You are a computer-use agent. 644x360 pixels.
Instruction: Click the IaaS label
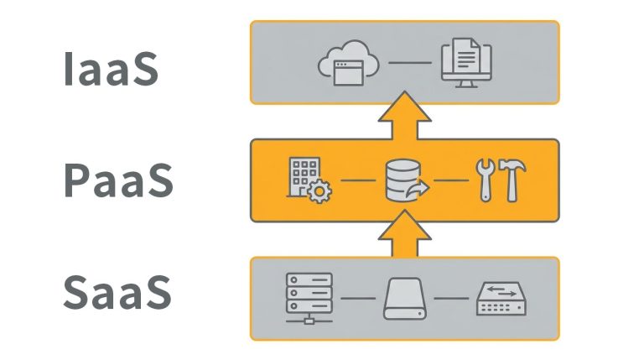click(x=110, y=71)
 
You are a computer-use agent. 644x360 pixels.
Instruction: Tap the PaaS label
click(x=118, y=180)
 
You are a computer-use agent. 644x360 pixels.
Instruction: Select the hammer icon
click(x=512, y=179)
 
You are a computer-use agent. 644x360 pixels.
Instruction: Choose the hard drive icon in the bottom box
click(x=405, y=299)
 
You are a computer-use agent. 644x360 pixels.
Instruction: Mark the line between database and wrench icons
click(x=452, y=180)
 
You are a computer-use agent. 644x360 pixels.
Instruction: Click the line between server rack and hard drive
click(x=357, y=299)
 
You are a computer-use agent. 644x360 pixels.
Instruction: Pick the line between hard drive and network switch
click(x=452, y=299)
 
